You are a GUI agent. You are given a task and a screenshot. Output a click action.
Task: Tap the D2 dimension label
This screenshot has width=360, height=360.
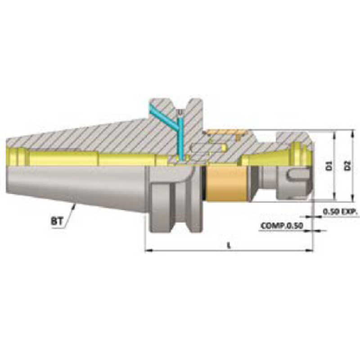[347, 166]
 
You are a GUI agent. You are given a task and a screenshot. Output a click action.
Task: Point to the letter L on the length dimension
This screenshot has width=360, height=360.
[229, 246]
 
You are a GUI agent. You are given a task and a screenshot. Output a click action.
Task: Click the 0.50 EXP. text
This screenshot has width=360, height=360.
[339, 211]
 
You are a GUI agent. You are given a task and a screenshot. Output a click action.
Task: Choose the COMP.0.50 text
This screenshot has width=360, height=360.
[280, 225]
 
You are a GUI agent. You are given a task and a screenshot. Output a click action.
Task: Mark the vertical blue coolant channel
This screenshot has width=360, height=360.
[180, 137]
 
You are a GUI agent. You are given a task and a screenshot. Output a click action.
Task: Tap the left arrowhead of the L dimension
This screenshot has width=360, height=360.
[147, 250]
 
